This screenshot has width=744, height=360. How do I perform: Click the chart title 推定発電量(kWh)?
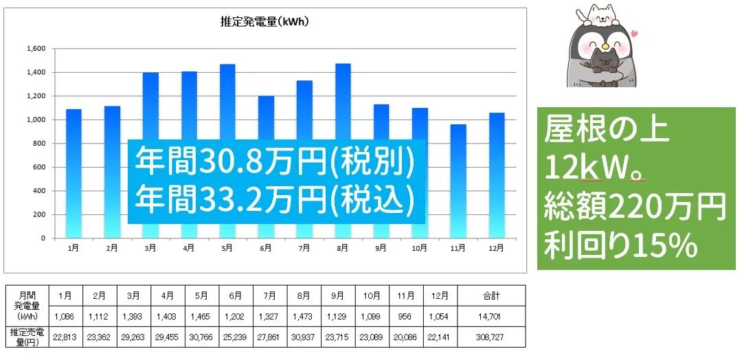264,22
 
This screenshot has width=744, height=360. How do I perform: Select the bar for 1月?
74,174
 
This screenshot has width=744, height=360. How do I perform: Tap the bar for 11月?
458,181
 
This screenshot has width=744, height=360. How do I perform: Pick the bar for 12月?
497,175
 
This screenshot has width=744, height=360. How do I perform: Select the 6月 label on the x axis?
266,247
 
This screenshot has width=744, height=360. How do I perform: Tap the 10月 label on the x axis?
420,247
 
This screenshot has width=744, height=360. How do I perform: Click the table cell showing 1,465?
201,316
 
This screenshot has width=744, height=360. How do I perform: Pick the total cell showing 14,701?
491,316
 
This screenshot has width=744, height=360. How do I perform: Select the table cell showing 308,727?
491,337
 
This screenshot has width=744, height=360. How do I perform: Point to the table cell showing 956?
406,316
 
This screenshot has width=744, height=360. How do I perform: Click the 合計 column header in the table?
491,295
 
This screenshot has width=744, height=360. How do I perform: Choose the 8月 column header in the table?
304,295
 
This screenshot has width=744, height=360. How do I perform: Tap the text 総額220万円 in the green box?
635,207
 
